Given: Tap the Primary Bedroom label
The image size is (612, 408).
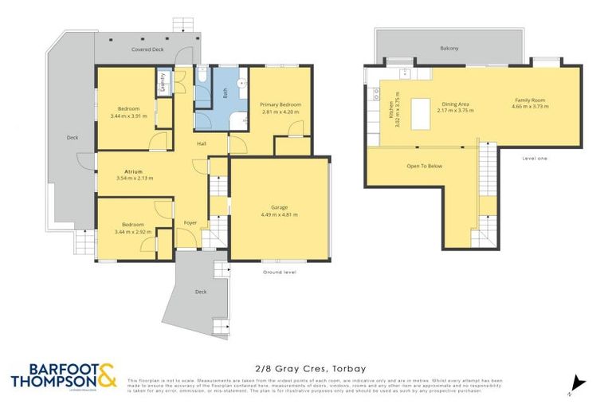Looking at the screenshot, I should [280, 104].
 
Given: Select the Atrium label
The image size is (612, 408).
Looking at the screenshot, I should [133, 170].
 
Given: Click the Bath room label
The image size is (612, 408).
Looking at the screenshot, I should [225, 91].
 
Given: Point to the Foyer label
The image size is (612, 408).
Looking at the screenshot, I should [190, 222].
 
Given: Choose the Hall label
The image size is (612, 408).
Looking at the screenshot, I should [203, 143].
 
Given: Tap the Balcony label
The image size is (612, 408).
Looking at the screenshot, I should [449, 49].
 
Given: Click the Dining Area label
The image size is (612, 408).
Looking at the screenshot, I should [455, 104].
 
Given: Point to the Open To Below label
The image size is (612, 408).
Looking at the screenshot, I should [424, 166].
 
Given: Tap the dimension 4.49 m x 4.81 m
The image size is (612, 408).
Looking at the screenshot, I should [279, 214].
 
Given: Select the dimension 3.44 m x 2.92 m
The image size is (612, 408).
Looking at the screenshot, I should [133, 233].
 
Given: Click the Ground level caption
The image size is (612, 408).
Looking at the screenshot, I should [279, 272].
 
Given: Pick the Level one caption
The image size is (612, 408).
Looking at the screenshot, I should [535, 158].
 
